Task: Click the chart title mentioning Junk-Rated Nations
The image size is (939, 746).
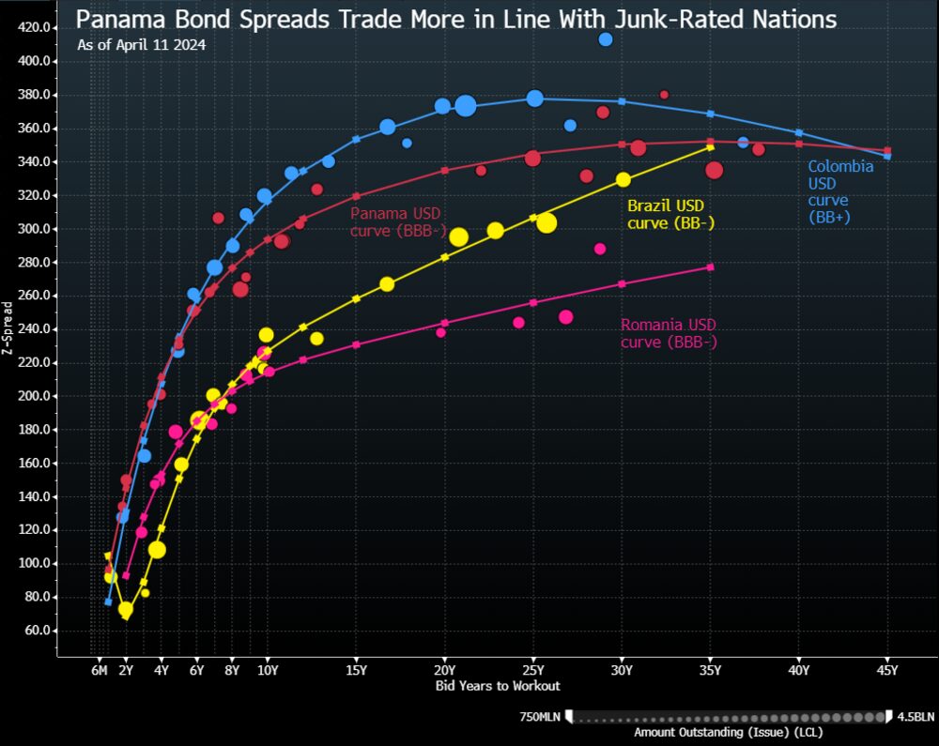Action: pyautogui.click(x=455, y=19)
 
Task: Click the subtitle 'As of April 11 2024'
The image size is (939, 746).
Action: pyautogui.click(x=142, y=44)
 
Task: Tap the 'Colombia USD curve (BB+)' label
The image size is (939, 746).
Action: pyautogui.click(x=841, y=191)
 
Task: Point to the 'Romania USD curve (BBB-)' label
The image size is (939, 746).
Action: pyautogui.click(x=669, y=333)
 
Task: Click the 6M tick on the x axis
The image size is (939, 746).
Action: pyautogui.click(x=99, y=670)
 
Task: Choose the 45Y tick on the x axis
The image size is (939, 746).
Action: pyautogui.click(x=887, y=670)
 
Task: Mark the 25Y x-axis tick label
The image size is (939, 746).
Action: pyautogui.click(x=533, y=670)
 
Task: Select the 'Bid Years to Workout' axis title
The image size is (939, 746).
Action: pyautogui.click(x=498, y=686)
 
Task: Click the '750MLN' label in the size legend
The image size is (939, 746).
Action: pyautogui.click(x=540, y=717)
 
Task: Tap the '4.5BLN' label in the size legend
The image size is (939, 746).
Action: pyautogui.click(x=916, y=717)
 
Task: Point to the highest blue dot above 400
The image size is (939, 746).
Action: pyautogui.click(x=606, y=39)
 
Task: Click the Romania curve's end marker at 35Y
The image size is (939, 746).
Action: pyautogui.click(x=711, y=267)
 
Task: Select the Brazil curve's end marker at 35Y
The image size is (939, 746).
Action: pyautogui.click(x=711, y=146)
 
